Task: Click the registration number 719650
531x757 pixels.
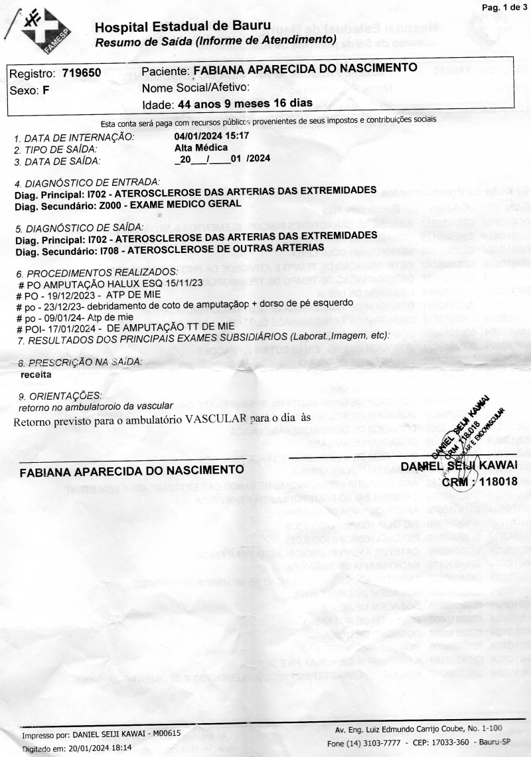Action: click(82, 74)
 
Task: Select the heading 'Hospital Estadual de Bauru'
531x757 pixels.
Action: click(183, 27)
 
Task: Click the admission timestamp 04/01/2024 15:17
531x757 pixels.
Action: click(211, 136)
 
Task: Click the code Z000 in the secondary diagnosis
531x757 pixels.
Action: click(96, 205)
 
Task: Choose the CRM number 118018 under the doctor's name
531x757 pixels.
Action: click(497, 481)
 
